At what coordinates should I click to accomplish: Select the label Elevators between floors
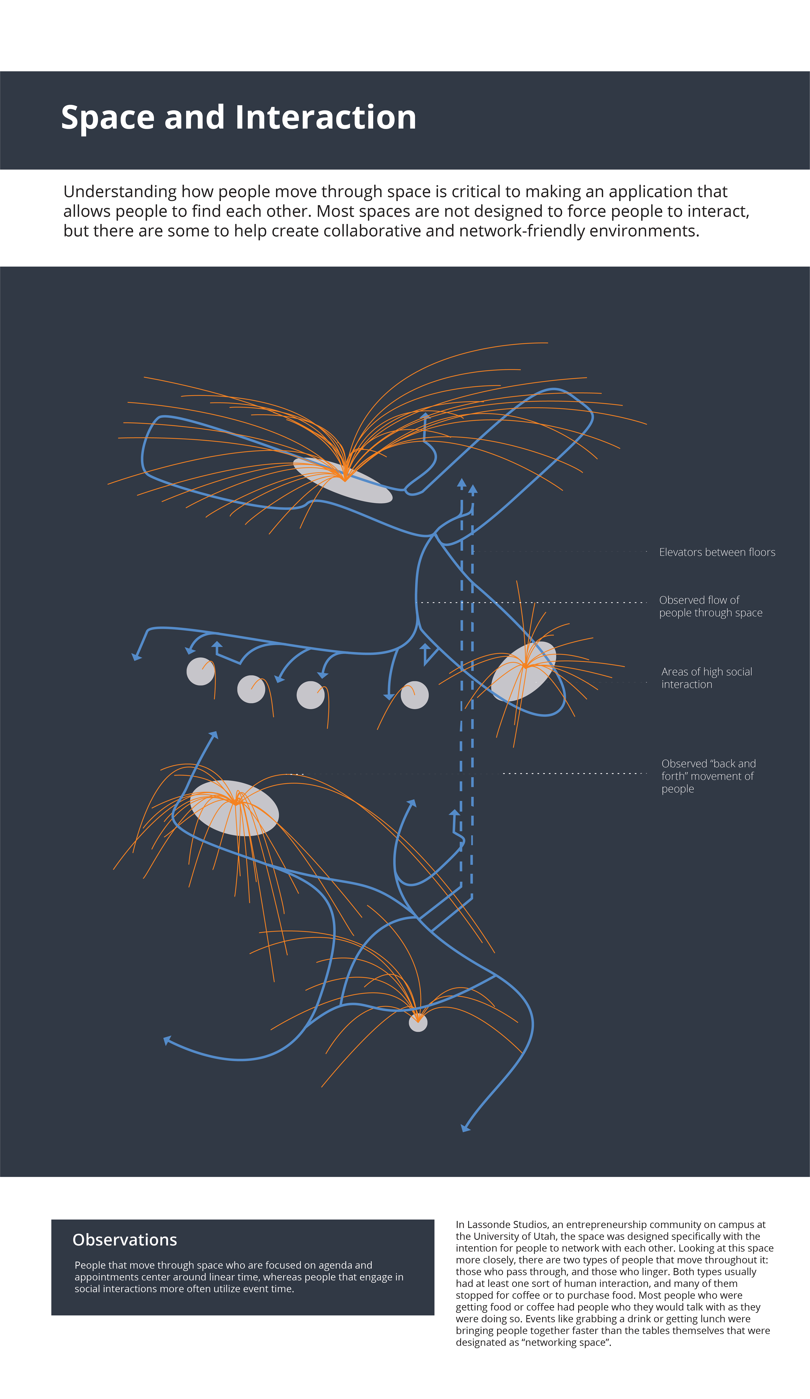717,552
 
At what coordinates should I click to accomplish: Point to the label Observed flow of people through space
710,606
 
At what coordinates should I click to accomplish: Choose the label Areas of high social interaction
706,678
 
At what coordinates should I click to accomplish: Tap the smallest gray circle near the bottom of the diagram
418,1023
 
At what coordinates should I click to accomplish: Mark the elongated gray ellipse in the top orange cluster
343,480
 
